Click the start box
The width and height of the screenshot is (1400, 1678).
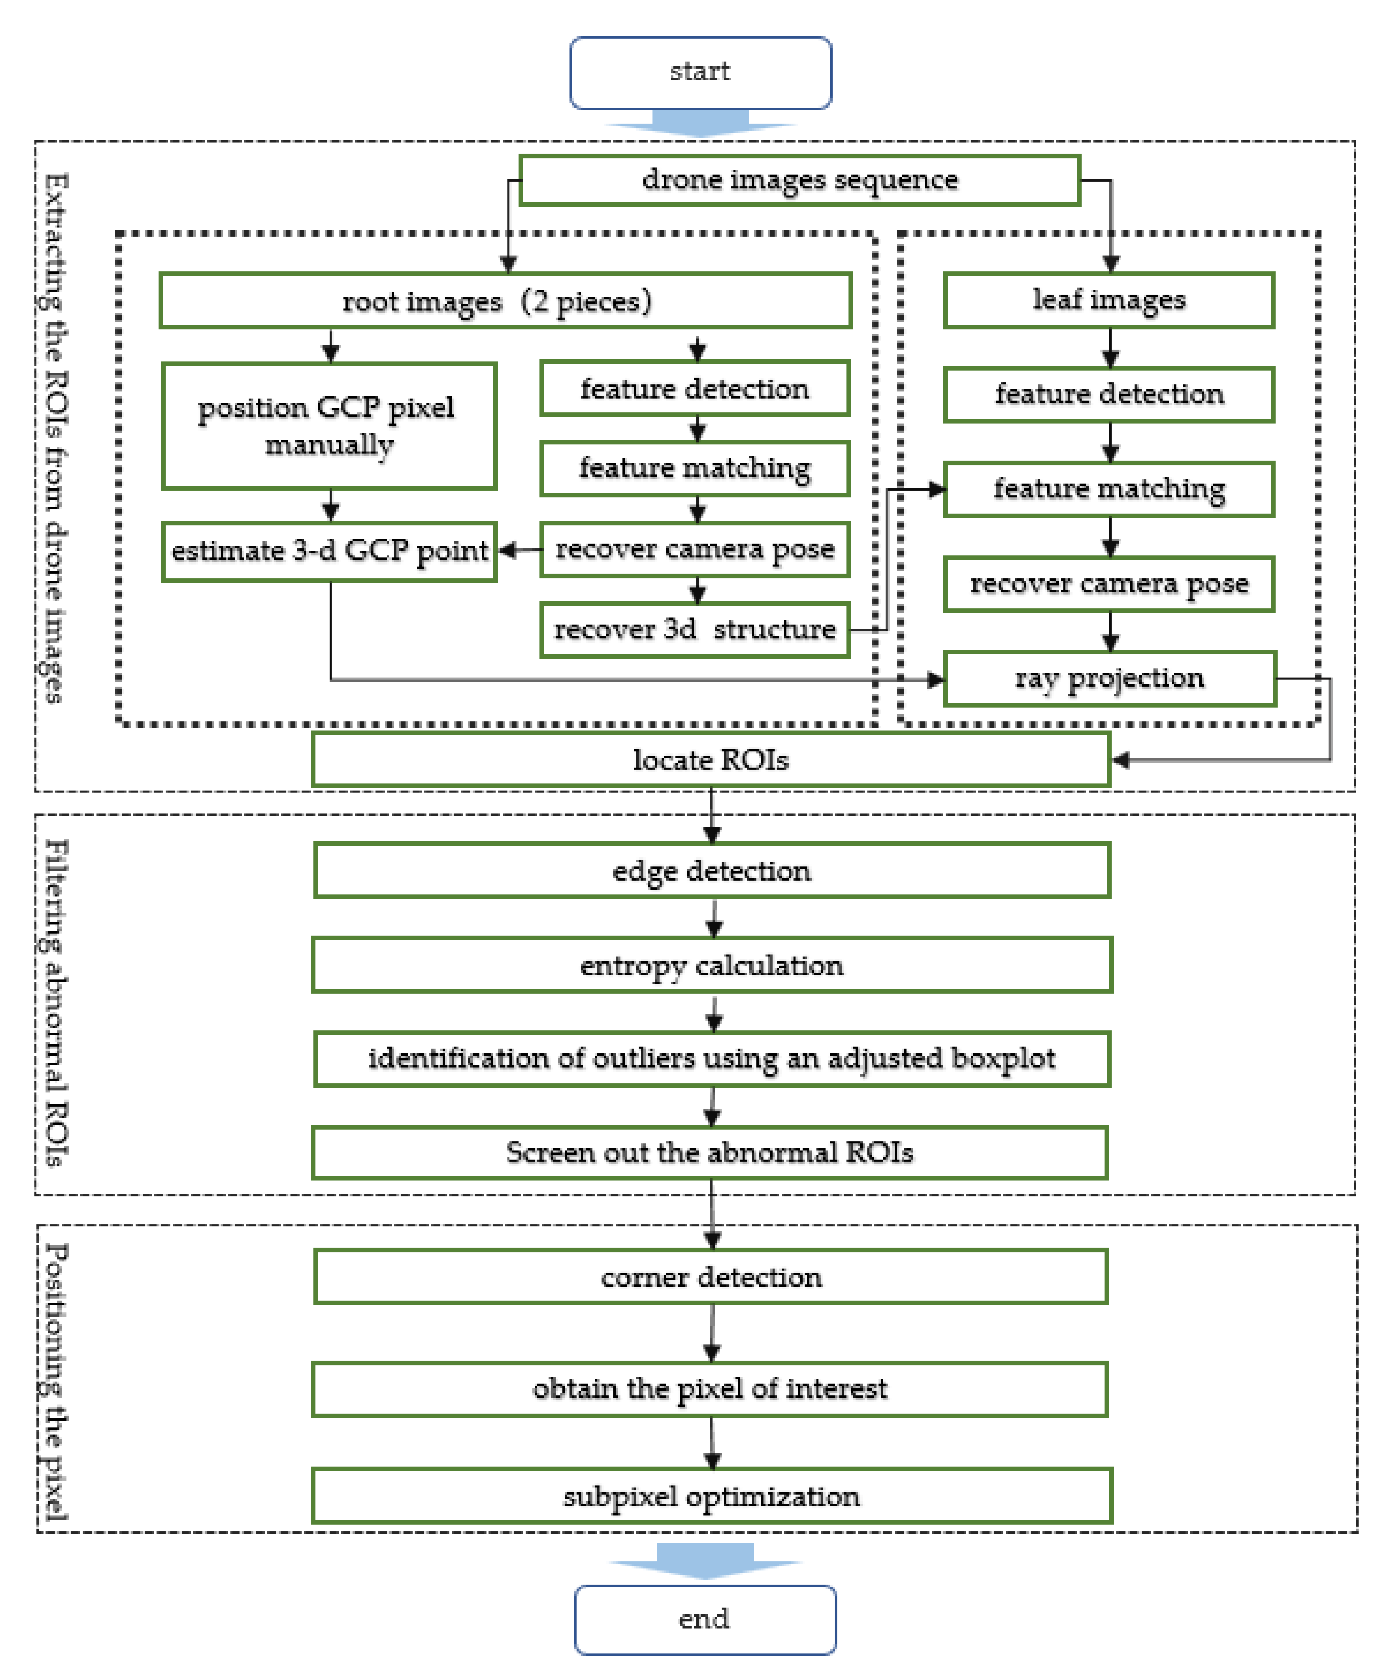(x=700, y=72)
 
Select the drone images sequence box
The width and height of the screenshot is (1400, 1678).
(x=799, y=180)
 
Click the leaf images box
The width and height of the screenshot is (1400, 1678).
(x=1109, y=300)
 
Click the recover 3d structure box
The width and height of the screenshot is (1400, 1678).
(x=695, y=630)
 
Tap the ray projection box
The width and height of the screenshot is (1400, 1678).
(x=1109, y=679)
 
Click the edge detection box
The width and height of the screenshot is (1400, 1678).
(x=711, y=870)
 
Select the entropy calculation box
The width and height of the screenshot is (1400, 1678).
(x=711, y=965)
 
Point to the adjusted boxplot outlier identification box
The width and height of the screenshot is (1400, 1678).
(x=711, y=1059)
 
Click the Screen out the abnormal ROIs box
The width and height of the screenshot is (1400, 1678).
(x=710, y=1152)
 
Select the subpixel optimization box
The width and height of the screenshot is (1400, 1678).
(x=711, y=1496)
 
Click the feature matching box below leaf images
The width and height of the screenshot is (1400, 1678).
(x=1109, y=489)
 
